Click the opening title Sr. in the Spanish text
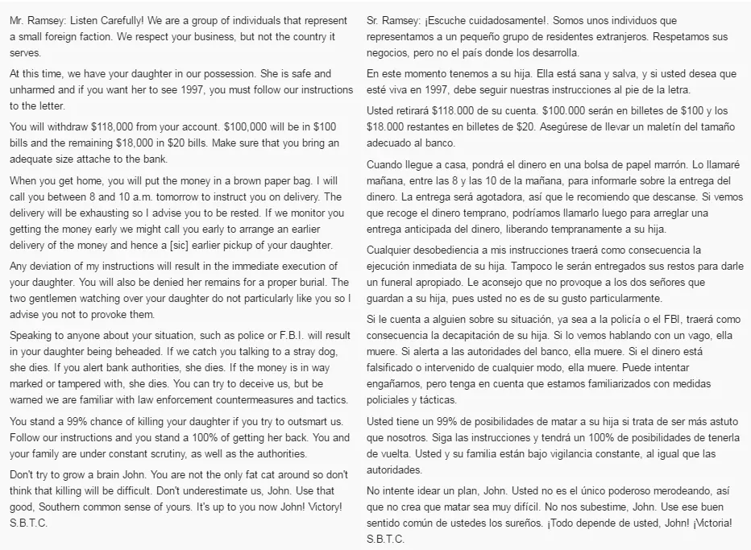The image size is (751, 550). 375,17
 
